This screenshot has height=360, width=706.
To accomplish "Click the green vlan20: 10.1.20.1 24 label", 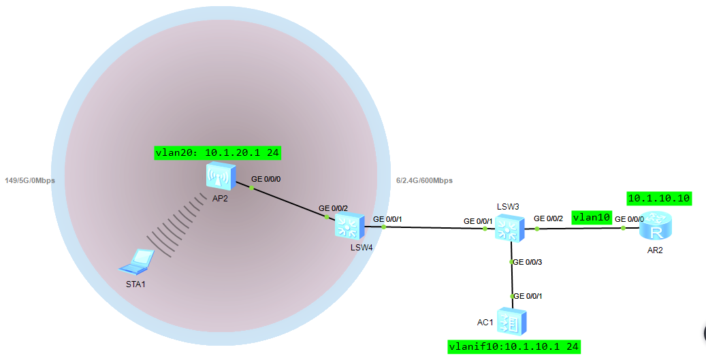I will coord(218,153).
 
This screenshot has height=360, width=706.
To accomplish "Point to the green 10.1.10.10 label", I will coord(659,198).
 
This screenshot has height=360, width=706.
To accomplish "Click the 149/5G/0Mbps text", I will coord(29,181).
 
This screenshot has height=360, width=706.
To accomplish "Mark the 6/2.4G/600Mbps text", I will coord(423,181).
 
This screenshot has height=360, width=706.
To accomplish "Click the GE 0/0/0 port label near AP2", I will coord(266,179).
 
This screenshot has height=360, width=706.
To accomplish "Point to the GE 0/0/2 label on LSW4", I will coord(333,208).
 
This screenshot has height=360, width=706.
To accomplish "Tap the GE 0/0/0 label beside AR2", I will coord(629,219).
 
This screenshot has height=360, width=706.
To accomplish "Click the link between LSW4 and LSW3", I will coord(436,228).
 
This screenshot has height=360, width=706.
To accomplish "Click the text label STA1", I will coord(136,283).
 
